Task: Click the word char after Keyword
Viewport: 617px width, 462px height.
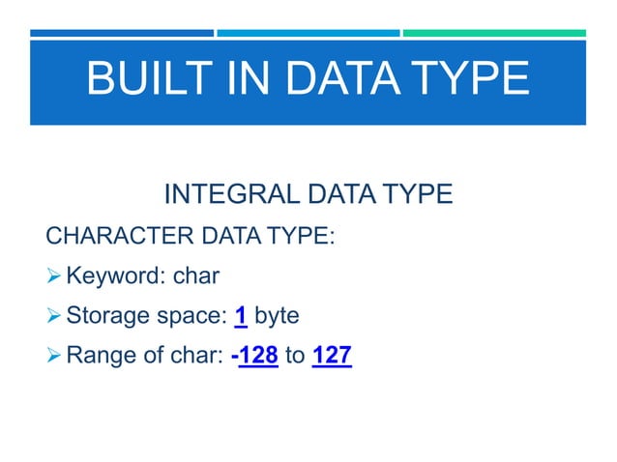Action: pos(196,277)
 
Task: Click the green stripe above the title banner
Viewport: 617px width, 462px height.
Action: pos(494,33)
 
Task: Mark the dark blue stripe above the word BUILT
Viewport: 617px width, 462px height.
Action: pos(122,33)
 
